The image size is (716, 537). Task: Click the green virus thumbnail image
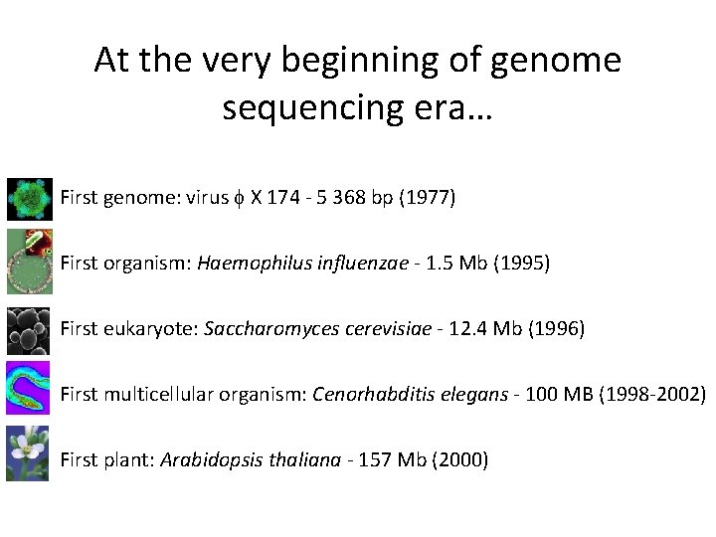coord(29,199)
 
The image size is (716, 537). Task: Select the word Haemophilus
coord(245,264)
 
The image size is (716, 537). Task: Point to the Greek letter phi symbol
coord(237,199)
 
